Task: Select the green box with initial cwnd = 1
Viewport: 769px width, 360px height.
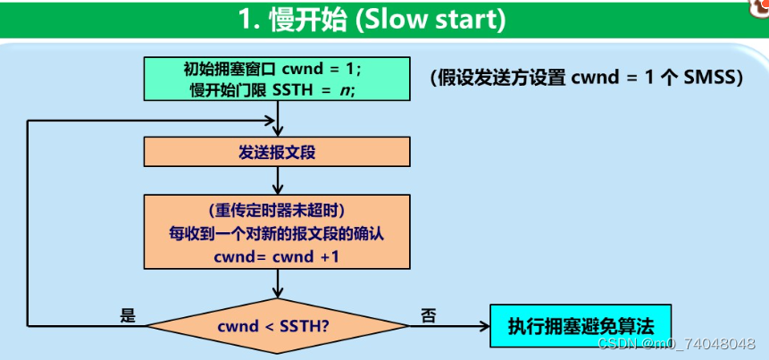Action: tap(280, 80)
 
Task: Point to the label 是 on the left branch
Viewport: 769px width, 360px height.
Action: tap(127, 316)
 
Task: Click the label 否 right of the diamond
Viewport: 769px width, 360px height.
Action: tap(428, 316)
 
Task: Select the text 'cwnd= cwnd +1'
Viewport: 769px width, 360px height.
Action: tap(276, 256)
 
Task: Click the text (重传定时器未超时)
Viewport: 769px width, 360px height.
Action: tap(276, 212)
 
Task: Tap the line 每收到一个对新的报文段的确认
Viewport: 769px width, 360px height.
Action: tap(276, 234)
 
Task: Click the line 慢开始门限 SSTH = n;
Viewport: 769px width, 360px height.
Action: tap(273, 89)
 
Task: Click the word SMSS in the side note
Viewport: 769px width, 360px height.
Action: tap(710, 78)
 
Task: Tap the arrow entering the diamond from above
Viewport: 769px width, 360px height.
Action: tap(280, 287)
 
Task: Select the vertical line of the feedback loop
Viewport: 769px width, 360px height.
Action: tap(29, 223)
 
